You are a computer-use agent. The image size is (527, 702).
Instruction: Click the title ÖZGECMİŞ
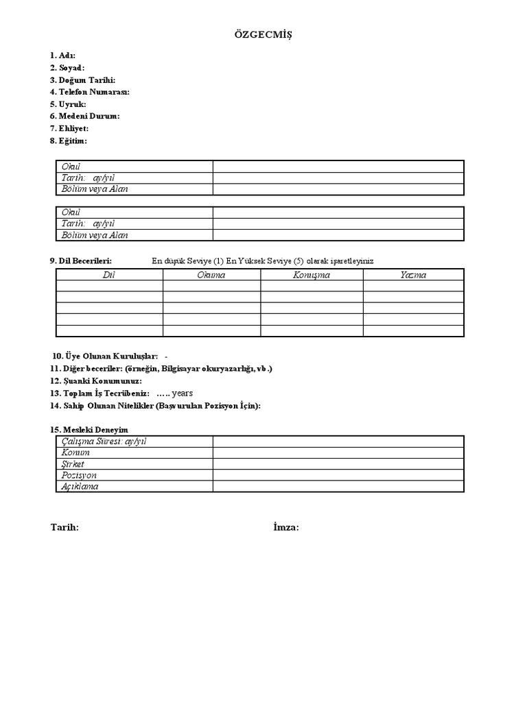point(263,35)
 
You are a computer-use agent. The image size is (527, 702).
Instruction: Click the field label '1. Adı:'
point(62,56)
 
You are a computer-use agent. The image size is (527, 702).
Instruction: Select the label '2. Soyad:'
point(67,68)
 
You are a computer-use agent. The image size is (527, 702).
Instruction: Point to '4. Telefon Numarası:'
point(89,92)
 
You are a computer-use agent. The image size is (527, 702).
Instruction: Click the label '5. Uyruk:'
point(67,104)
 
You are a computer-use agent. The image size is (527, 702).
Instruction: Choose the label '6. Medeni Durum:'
point(84,116)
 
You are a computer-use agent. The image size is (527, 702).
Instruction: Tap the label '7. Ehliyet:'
point(69,128)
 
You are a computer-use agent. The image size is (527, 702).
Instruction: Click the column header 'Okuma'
point(211,275)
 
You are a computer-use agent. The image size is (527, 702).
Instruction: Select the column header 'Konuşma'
point(312,275)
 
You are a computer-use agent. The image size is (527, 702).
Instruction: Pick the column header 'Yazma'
point(413,275)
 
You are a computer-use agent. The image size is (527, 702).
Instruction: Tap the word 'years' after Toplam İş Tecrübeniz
point(183,394)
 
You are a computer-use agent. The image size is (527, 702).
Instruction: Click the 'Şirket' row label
point(73,464)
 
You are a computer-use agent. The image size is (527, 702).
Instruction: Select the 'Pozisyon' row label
point(79,475)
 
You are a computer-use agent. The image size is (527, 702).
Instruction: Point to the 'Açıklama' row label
point(80,487)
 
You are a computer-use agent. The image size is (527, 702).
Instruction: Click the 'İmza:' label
point(286,527)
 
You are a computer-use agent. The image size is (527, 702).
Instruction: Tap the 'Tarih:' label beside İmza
point(65,527)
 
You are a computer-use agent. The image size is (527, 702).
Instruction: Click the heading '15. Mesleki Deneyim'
point(89,430)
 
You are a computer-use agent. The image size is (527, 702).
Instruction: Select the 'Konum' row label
point(75,452)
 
